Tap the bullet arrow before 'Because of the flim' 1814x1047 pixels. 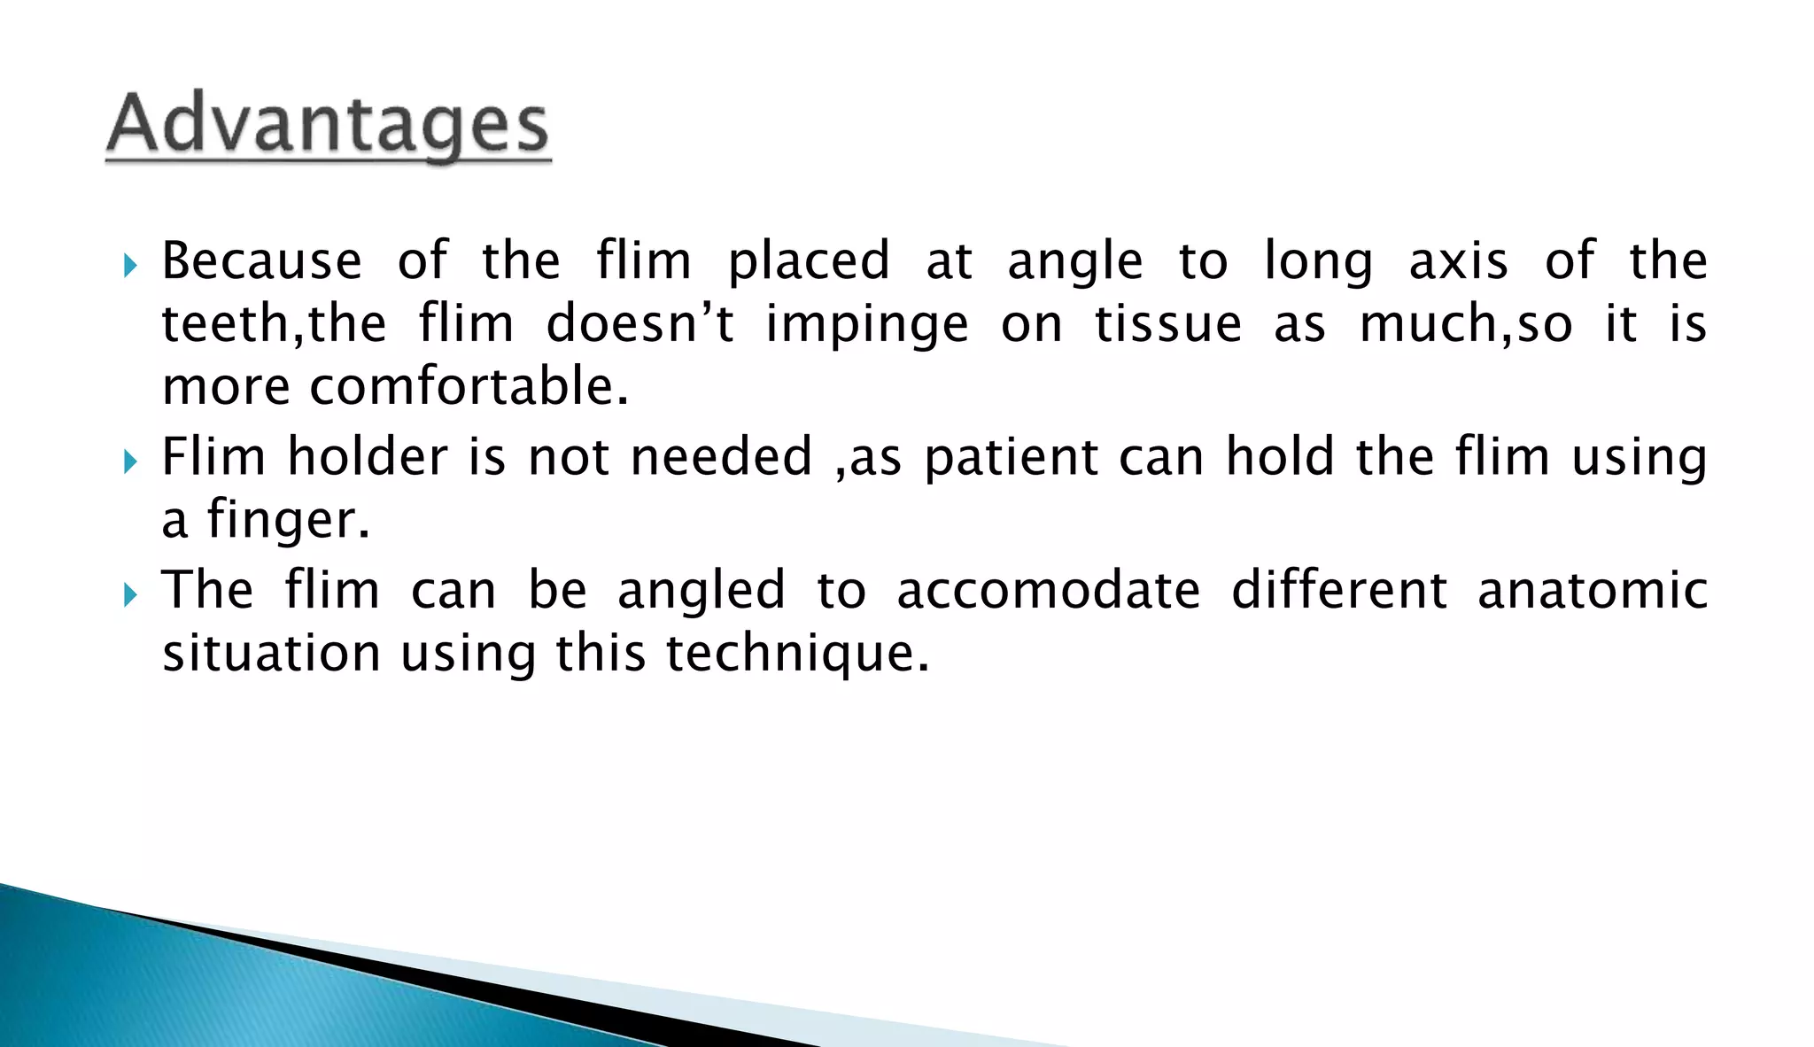tap(131, 265)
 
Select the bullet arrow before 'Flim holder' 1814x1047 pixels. tap(131, 461)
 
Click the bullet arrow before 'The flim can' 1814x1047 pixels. tap(131, 594)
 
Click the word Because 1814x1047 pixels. tap(261, 261)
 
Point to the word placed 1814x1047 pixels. tap(809, 261)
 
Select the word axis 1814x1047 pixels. tap(1458, 261)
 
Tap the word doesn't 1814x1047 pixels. tap(640, 323)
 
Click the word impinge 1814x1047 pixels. tap(867, 325)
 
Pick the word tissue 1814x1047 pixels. tap(1168, 323)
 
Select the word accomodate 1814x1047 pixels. tap(1048, 591)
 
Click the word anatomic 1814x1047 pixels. tap(1593, 591)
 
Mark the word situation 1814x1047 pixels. tap(271, 654)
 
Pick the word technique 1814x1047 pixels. tap(797, 655)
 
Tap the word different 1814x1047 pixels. tap(1339, 591)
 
